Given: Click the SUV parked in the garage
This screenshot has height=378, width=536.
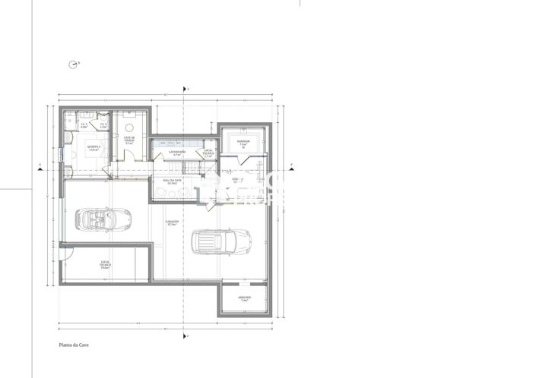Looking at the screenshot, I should (221, 243).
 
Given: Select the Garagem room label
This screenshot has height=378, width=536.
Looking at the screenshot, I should (171, 223).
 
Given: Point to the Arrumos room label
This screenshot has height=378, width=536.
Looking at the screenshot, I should (244, 298).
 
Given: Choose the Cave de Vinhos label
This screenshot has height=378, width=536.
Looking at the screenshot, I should (129, 139).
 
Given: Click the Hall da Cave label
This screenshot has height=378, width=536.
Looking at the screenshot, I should (170, 181).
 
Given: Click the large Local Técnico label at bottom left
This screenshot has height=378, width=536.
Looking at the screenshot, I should (106, 265).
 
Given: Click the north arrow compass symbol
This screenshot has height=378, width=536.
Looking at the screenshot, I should (72, 65).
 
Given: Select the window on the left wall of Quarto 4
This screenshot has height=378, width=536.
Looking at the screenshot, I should (60, 154).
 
